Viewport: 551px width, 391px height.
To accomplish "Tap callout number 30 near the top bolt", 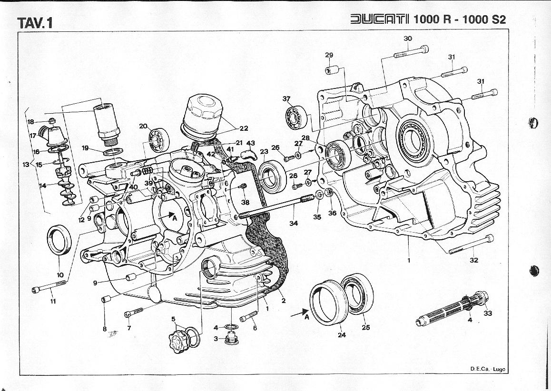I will pos(408,39).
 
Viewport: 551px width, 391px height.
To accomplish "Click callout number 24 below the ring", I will pos(342,334).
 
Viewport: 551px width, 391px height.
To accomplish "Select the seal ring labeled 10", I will pos(60,239).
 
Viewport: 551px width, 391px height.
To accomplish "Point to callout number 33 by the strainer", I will pos(488,313).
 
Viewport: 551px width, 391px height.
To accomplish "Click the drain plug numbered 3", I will pos(232,339).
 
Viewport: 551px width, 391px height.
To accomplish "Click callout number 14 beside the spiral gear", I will pos(42,186).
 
